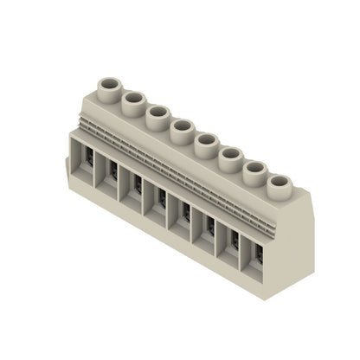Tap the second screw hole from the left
133,100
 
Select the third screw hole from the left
157,113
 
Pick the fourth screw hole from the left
182,128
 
